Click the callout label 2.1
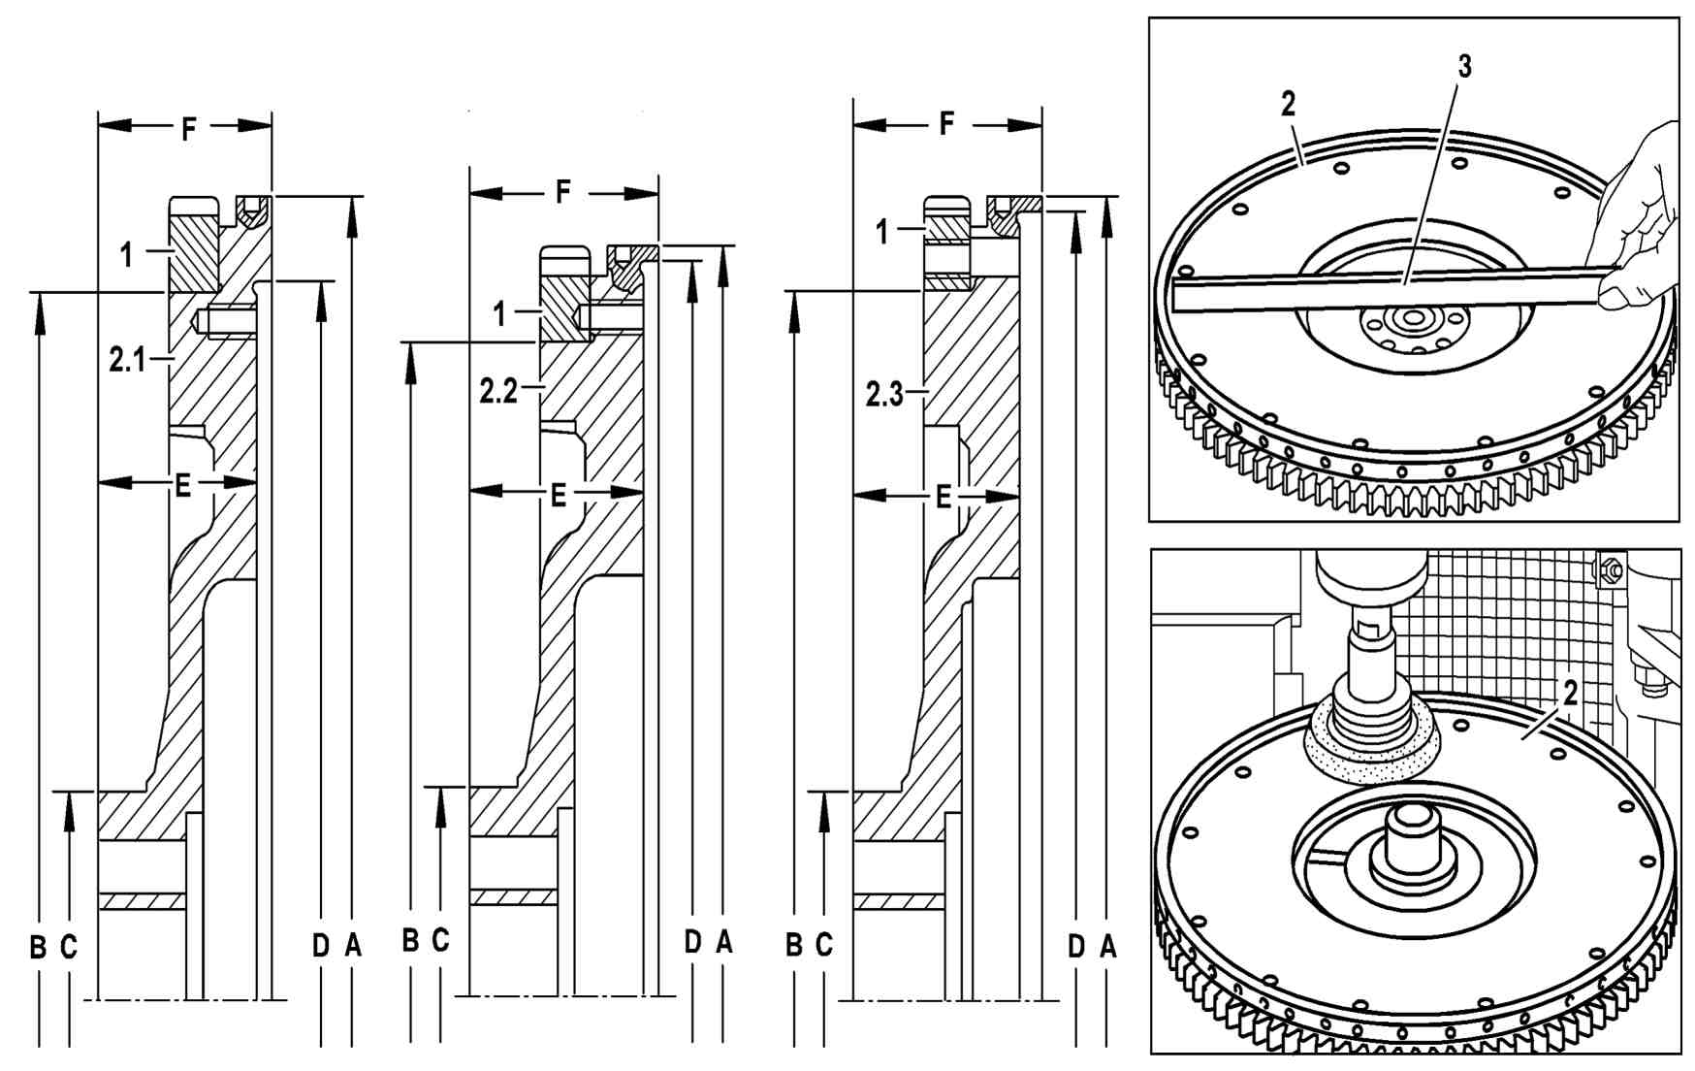126,361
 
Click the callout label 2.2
497,391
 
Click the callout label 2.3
883,395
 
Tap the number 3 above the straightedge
1464,67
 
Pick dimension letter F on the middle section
563,192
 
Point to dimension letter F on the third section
946,124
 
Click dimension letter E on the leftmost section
182,485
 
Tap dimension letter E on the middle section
558,496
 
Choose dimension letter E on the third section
943,498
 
